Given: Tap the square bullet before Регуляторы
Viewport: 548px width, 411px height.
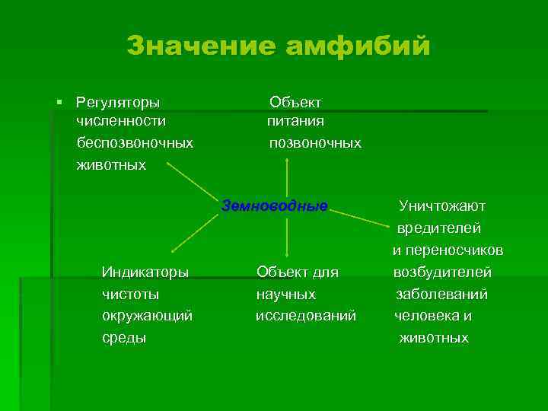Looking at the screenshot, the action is (x=59, y=102).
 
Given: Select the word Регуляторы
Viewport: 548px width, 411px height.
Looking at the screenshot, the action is (x=118, y=102).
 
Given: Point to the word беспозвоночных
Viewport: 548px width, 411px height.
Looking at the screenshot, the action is (x=135, y=142).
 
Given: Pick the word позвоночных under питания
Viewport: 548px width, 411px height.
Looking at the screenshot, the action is (x=315, y=142).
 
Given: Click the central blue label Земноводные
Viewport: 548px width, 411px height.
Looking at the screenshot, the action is (x=274, y=205).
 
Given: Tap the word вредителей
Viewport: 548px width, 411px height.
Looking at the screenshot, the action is (x=438, y=228).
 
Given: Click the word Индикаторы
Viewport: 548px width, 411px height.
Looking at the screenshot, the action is (x=145, y=272).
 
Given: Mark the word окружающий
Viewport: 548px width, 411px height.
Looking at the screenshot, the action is (x=147, y=315).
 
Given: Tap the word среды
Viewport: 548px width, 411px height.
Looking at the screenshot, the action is (x=123, y=337).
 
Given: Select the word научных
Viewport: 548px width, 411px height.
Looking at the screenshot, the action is (x=285, y=294).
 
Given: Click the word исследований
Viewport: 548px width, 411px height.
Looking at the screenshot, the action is (x=305, y=315).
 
